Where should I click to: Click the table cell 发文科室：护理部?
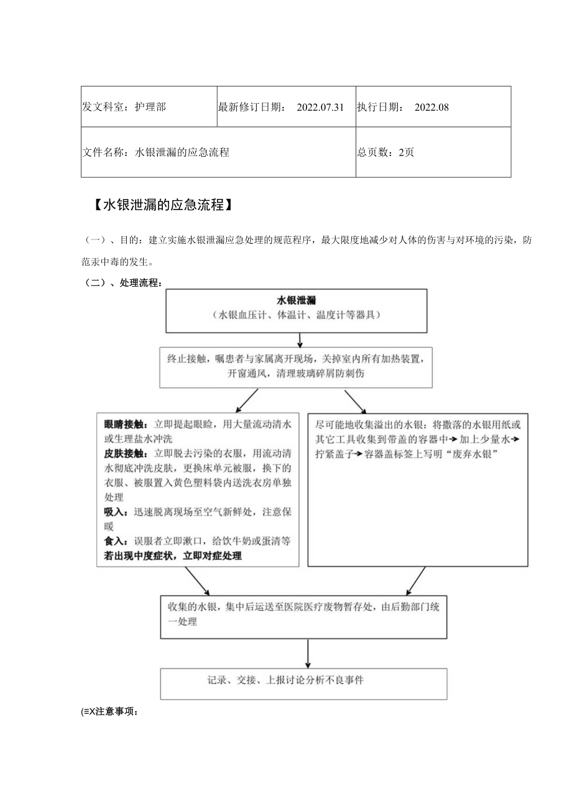click(x=124, y=107)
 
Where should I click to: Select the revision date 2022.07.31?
click(x=320, y=107)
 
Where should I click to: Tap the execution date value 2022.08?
click(x=431, y=107)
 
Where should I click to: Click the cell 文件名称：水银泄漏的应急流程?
click(x=156, y=152)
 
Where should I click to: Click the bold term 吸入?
click(x=114, y=512)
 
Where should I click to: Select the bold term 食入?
click(x=114, y=541)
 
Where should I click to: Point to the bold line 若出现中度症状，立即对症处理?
click(x=173, y=556)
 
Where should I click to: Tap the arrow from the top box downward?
click(x=300, y=340)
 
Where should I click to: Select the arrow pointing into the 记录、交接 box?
click(x=308, y=654)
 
